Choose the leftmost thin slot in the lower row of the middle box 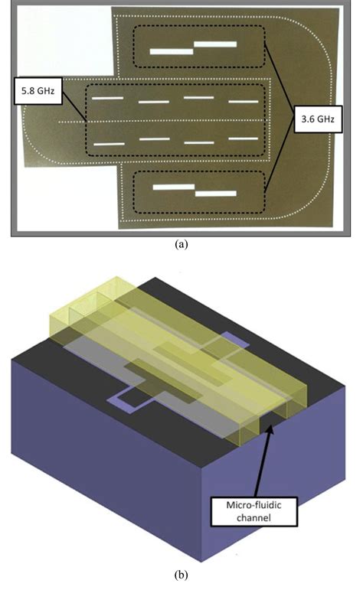pos(109,143)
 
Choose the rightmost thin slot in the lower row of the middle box pos(244,142)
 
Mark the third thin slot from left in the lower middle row pos(199,142)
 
